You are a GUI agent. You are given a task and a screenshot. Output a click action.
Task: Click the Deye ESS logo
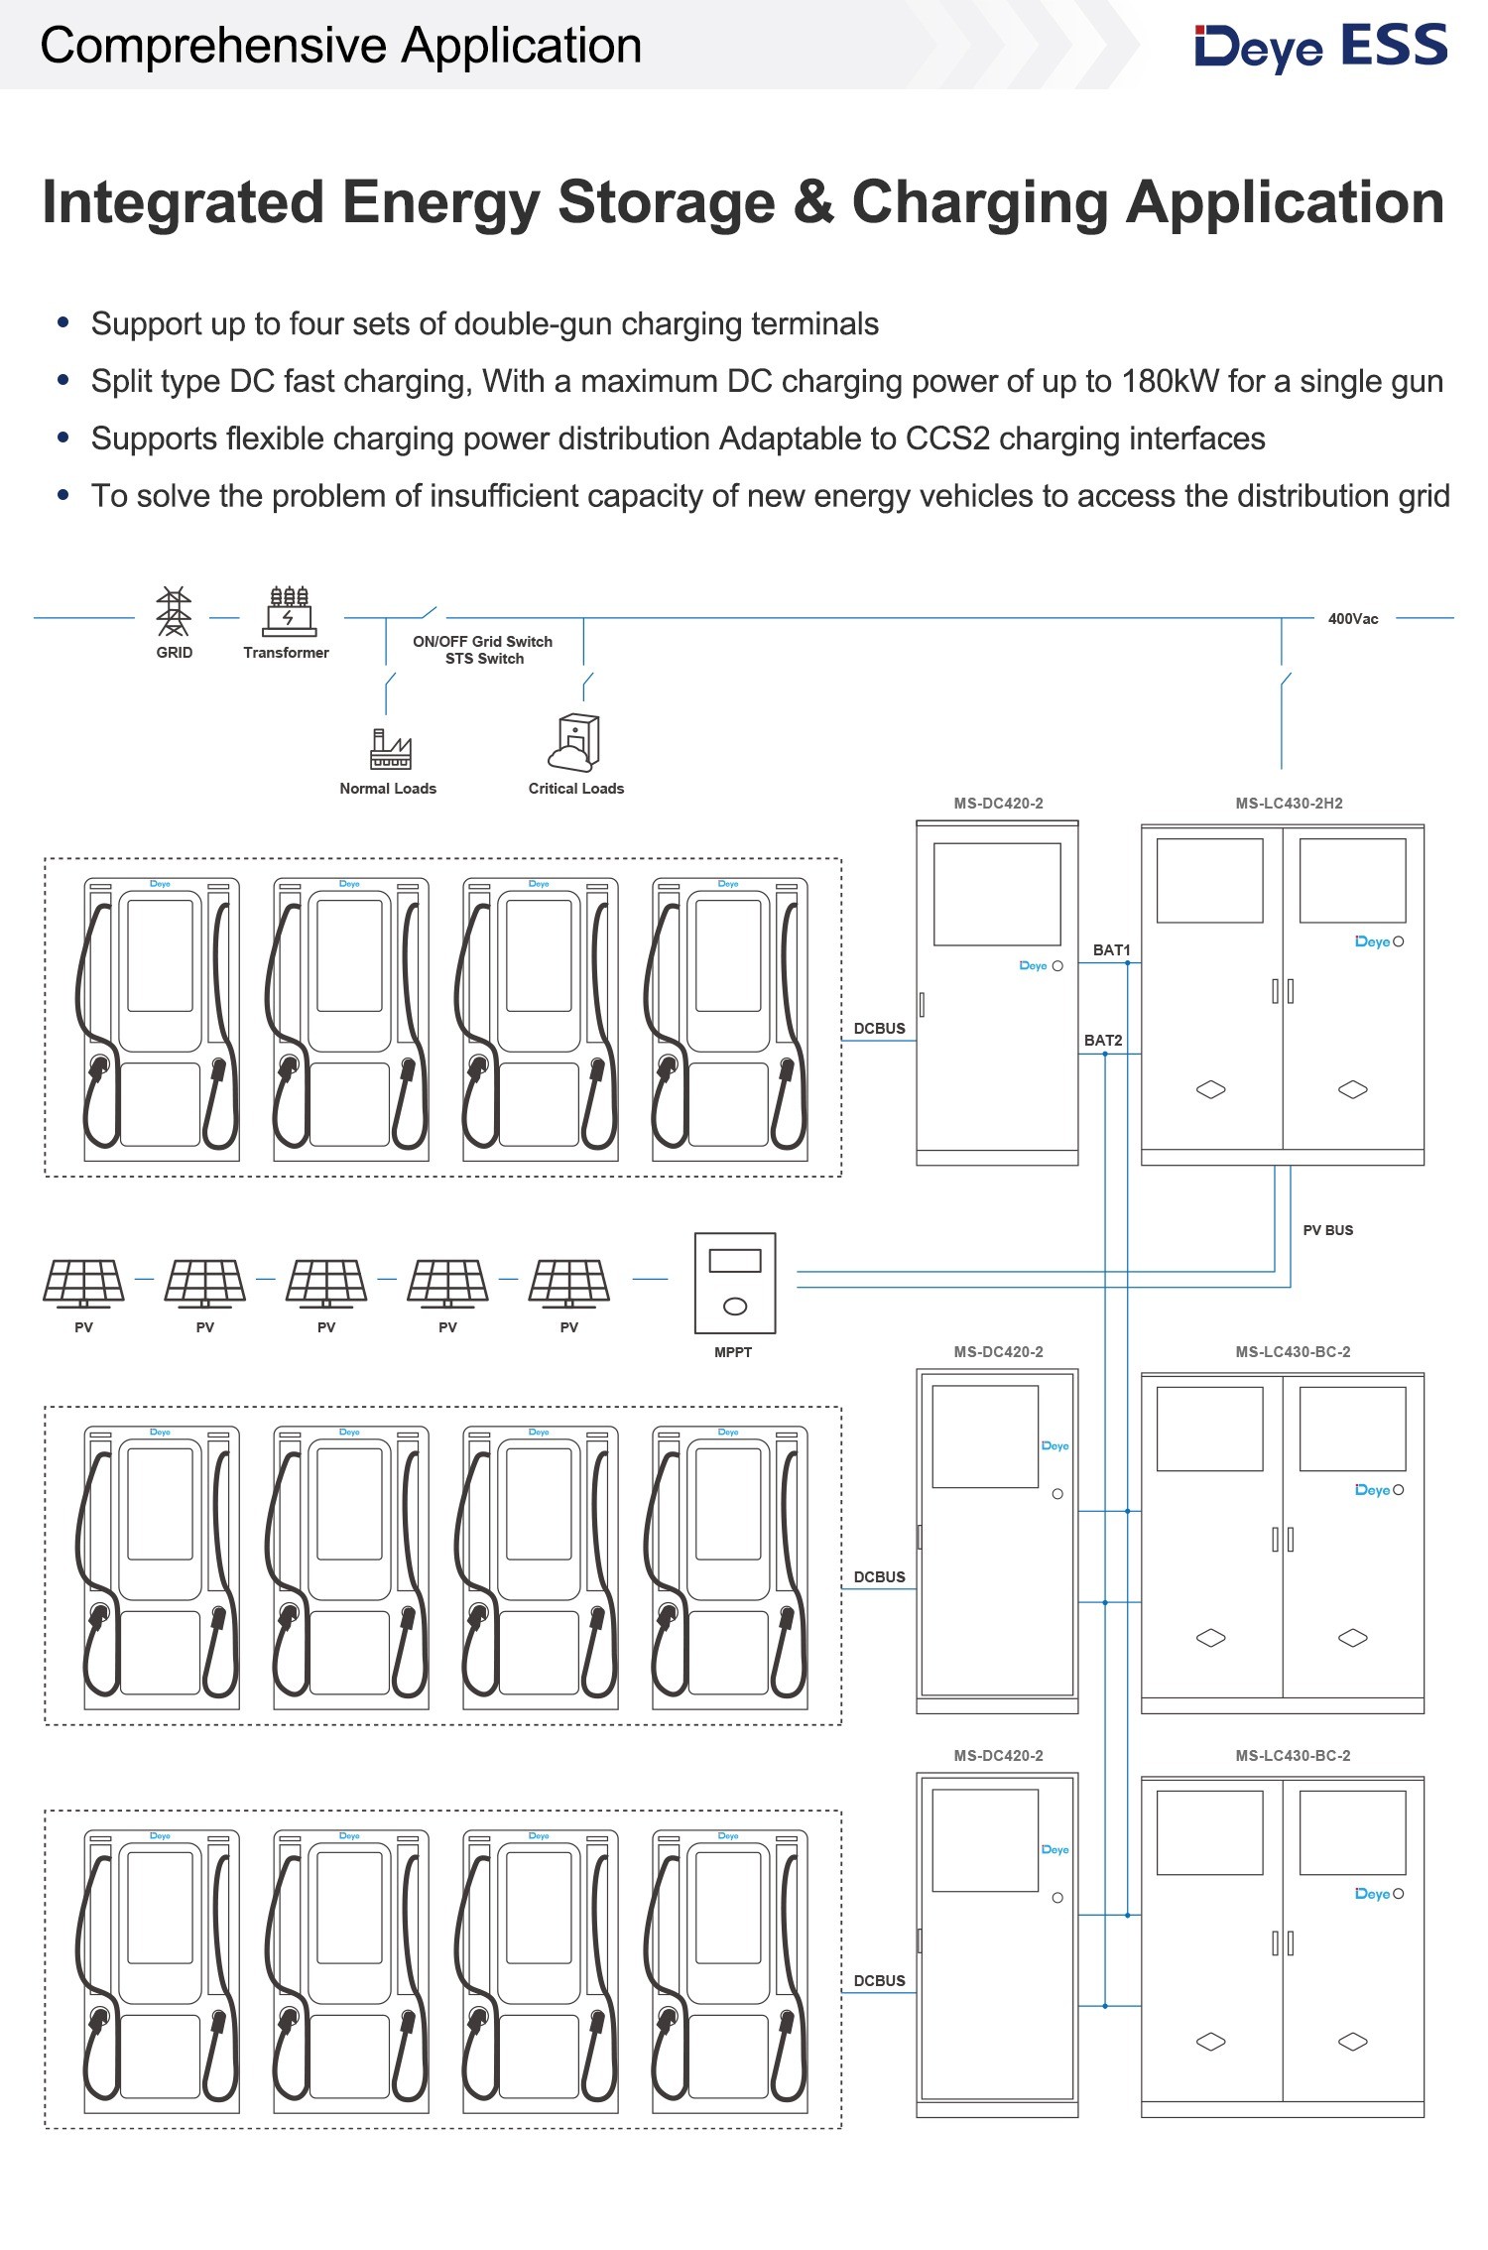[1320, 47]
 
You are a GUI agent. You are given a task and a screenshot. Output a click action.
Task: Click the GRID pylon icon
[174, 611]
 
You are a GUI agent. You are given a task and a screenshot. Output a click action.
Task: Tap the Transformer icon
[289, 611]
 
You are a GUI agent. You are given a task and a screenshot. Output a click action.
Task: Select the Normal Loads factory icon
[390, 749]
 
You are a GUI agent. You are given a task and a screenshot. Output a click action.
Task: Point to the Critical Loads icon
[574, 743]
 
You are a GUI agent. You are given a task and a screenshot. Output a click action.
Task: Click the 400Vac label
[1352, 619]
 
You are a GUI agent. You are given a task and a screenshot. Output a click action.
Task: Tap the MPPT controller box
[734, 1283]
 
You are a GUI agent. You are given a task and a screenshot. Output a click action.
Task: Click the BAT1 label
[1111, 950]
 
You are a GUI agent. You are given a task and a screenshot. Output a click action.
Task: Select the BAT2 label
[1103, 1041]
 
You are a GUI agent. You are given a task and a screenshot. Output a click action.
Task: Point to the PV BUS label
[1327, 1230]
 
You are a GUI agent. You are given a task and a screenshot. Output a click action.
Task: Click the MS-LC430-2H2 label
[1289, 804]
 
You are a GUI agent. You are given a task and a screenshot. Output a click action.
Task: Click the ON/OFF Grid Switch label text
[482, 642]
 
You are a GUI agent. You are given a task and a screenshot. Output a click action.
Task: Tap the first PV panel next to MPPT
[568, 1283]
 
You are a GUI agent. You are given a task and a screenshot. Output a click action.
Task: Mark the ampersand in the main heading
[812, 203]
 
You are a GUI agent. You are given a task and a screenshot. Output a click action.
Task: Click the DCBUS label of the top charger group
[879, 1029]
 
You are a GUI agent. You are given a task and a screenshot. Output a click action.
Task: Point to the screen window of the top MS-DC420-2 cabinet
[997, 894]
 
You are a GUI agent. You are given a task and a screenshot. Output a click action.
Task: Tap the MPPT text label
[733, 1352]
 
